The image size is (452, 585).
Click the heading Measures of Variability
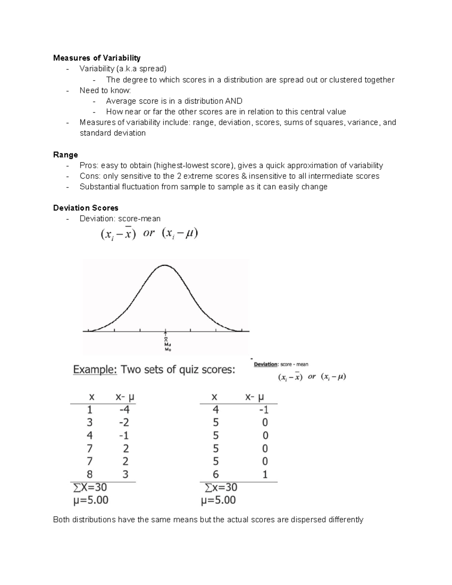click(x=97, y=58)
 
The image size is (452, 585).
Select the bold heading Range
click(x=66, y=155)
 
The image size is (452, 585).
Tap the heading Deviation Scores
click(x=86, y=208)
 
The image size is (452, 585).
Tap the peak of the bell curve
click(x=165, y=265)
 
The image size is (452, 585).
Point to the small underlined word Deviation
click(x=266, y=364)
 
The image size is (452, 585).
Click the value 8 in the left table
click(x=90, y=474)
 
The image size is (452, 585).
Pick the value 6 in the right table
click(x=216, y=474)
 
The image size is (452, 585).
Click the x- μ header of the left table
click(x=125, y=397)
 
